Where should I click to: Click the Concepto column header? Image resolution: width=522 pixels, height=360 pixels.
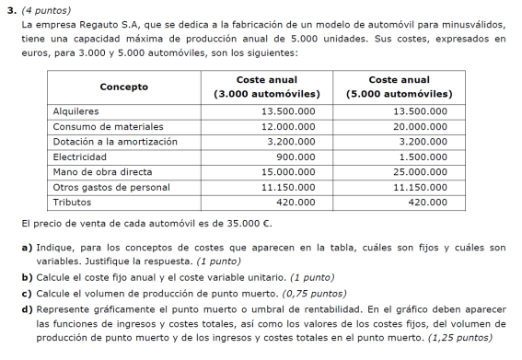[123, 87]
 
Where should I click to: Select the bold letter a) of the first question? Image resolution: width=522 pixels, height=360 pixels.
[26, 248]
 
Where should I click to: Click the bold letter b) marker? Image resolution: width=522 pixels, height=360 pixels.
[26, 277]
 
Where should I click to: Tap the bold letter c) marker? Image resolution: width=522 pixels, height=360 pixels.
[26, 293]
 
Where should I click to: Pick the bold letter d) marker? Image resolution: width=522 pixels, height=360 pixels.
[26, 308]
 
